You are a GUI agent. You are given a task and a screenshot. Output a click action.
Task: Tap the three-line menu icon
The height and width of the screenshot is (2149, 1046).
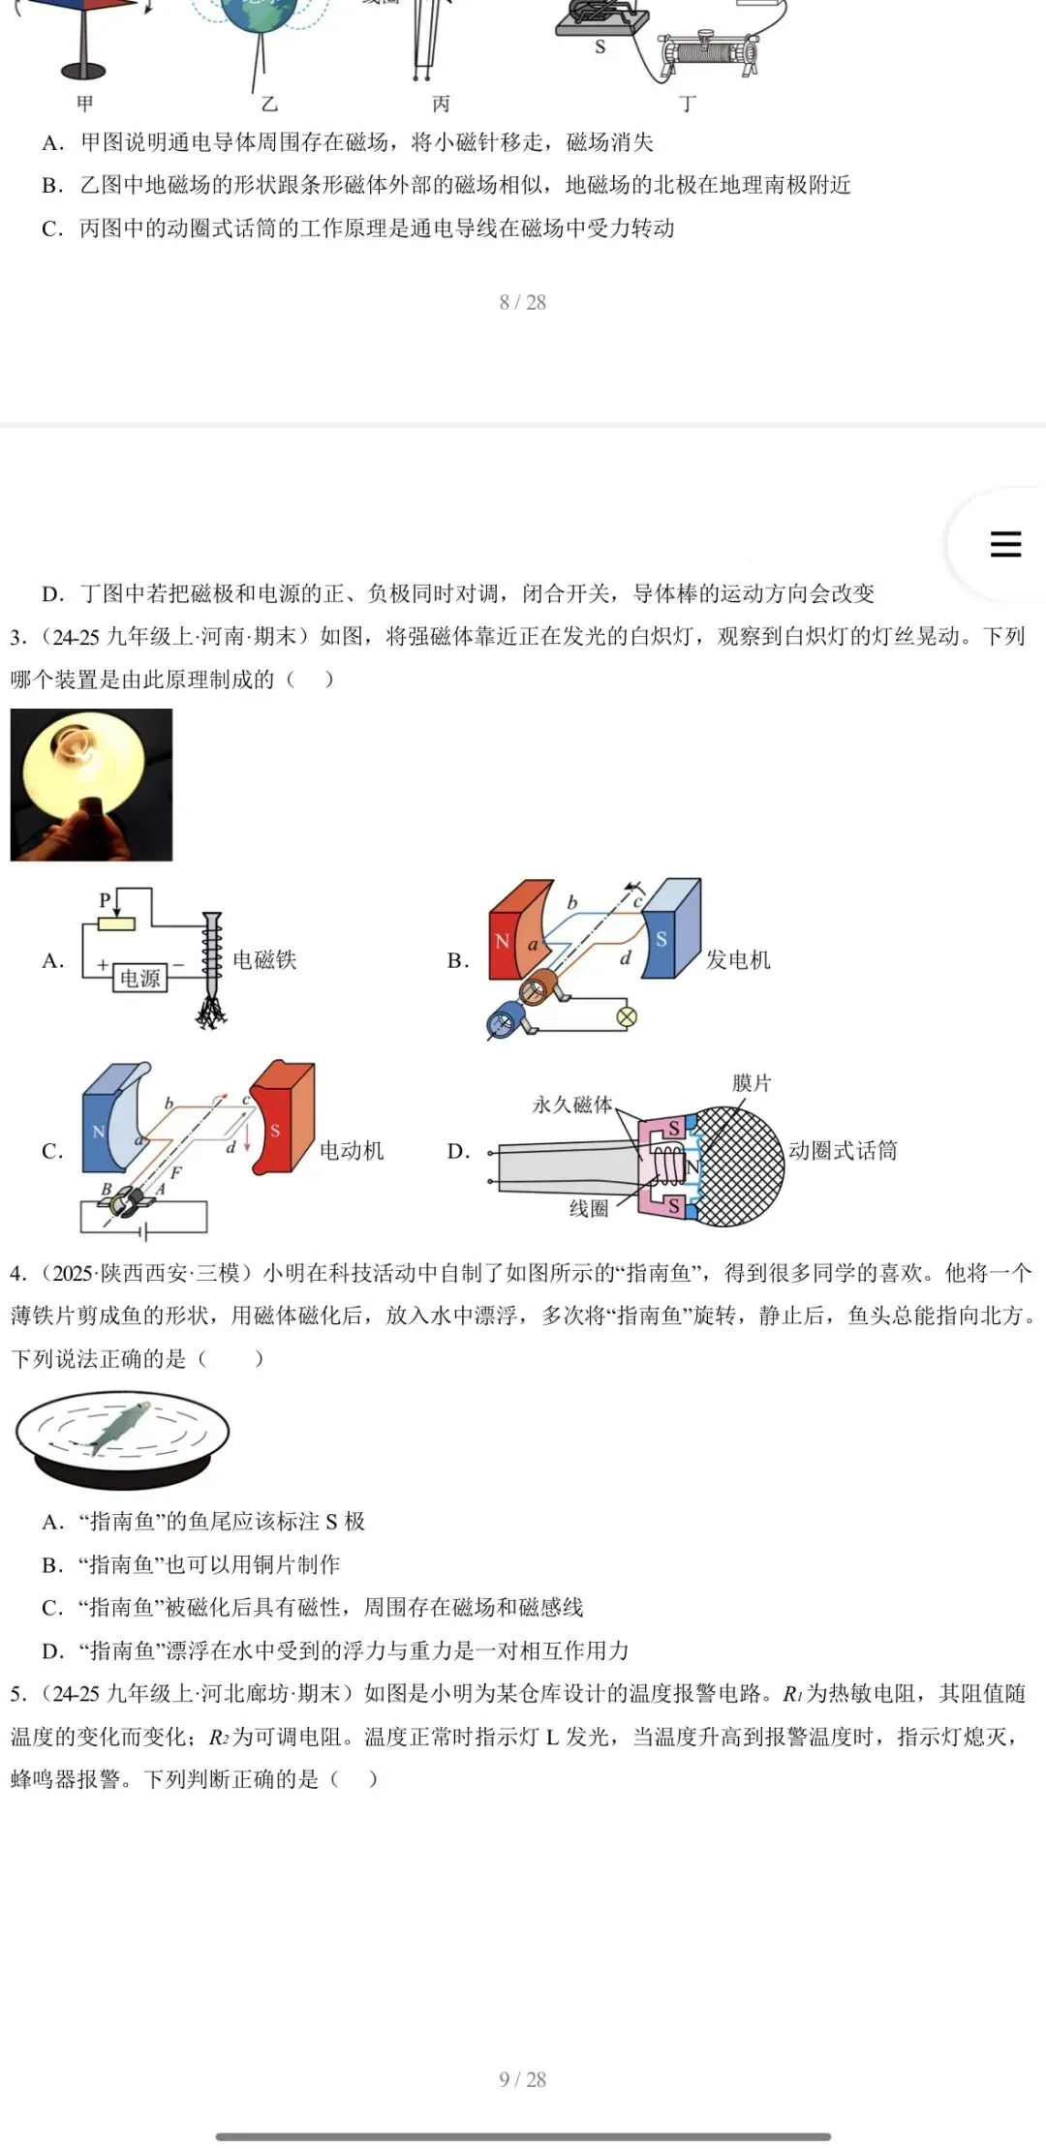pyautogui.click(x=1005, y=543)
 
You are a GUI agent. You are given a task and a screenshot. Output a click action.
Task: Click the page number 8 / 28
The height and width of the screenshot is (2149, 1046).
pyautogui.click(x=523, y=302)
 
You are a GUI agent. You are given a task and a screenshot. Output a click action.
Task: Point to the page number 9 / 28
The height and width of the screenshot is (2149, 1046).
pyautogui.click(x=523, y=2079)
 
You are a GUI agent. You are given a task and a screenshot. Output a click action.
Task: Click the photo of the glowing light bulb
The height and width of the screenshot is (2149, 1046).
pyautogui.click(x=91, y=784)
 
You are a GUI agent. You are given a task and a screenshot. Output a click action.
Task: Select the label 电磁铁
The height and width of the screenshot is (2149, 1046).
pyautogui.click(x=264, y=959)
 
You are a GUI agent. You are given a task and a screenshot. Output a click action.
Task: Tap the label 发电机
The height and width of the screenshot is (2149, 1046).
pyautogui.click(x=738, y=959)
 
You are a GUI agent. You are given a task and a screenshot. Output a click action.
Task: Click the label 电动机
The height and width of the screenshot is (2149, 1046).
pyautogui.click(x=352, y=1150)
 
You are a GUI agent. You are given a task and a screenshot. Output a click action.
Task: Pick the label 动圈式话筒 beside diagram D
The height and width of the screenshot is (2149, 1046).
pyautogui.click(x=843, y=1150)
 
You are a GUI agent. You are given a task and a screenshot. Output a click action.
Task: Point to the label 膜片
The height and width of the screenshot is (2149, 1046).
pyautogui.click(x=752, y=1083)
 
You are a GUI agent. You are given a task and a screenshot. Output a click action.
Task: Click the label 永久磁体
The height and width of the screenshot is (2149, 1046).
pyautogui.click(x=572, y=1105)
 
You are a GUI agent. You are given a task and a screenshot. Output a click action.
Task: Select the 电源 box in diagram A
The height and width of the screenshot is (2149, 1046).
pyautogui.click(x=139, y=978)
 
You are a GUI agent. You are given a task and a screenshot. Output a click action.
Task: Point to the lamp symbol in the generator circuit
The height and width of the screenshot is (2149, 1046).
pyautogui.click(x=627, y=1016)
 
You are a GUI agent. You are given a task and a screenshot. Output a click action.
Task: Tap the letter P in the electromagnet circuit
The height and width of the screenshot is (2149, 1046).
pyautogui.click(x=105, y=899)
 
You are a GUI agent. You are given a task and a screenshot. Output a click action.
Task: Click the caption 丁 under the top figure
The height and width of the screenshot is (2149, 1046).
pyautogui.click(x=688, y=104)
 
